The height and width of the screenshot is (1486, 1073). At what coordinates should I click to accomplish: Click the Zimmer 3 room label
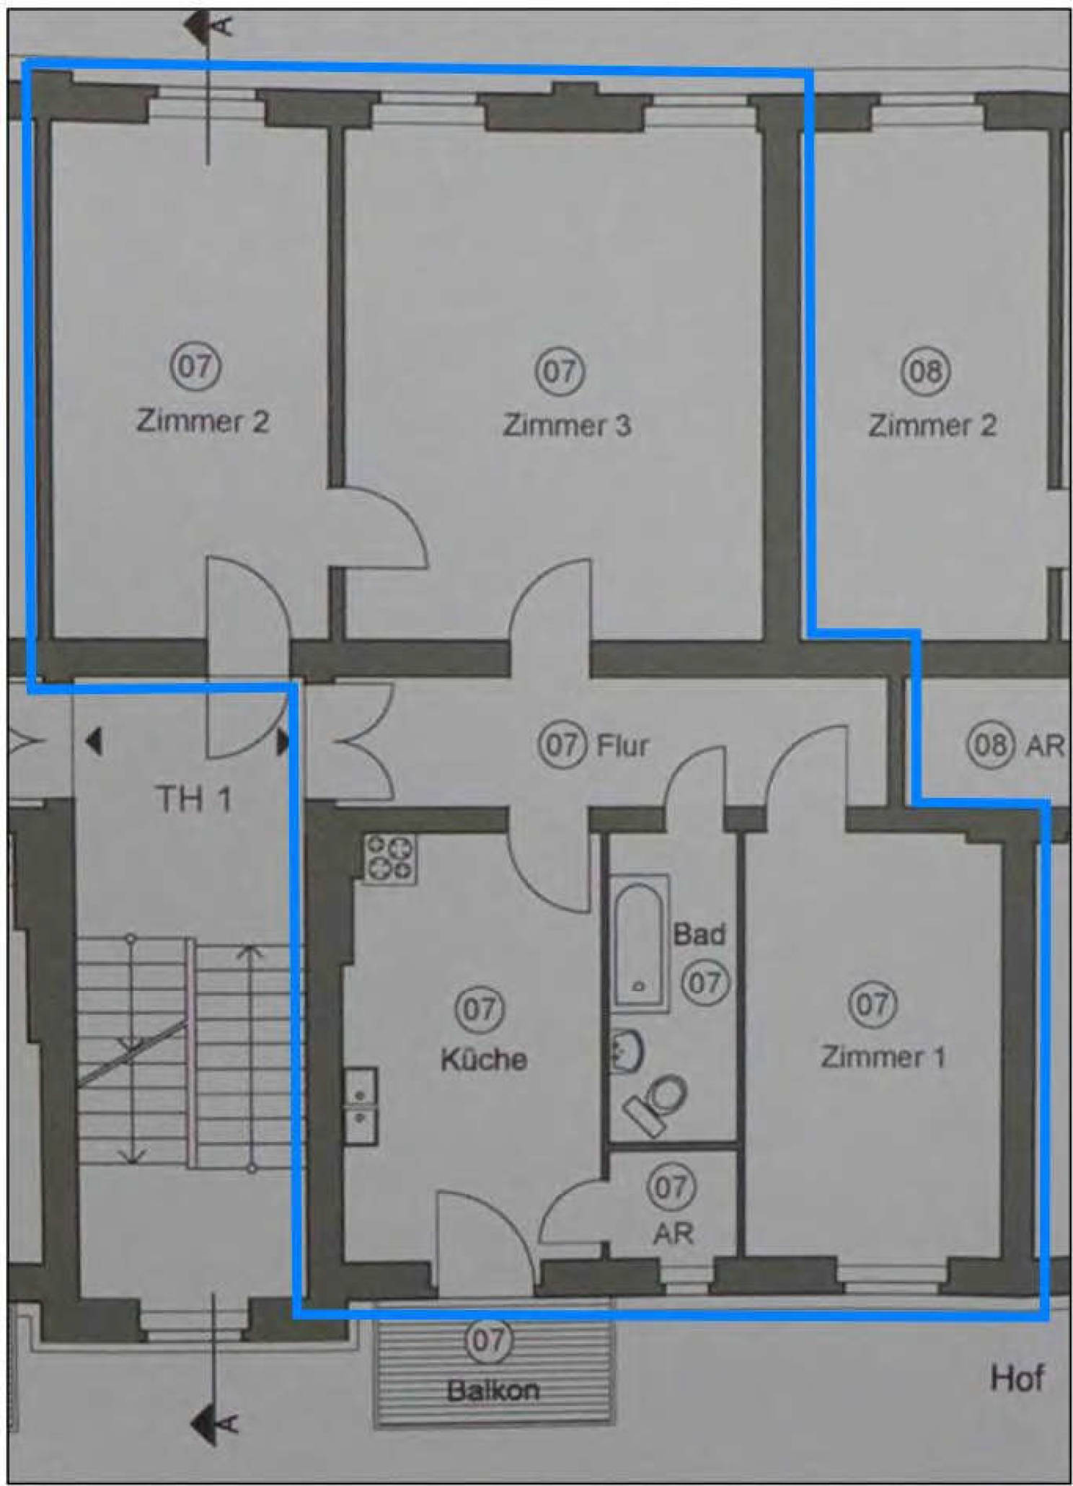[x=567, y=425]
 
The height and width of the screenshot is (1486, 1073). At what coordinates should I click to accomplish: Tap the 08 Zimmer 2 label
[x=932, y=425]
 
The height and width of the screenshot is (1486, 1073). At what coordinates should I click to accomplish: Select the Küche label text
[x=484, y=1059]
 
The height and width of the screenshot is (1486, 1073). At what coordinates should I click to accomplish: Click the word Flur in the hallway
[x=623, y=744]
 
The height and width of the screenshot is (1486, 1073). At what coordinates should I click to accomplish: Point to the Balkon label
[x=493, y=1390]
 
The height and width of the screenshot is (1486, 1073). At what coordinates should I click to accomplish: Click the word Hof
[x=1017, y=1379]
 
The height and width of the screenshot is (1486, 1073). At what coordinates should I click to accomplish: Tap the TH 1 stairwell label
[x=193, y=799]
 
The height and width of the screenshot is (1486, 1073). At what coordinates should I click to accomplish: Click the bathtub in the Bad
[x=639, y=943]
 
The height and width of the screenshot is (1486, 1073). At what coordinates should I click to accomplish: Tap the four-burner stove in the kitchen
[x=390, y=858]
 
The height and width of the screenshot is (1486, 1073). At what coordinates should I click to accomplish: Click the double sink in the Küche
[x=360, y=1107]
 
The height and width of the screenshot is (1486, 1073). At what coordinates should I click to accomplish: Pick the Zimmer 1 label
[x=883, y=1057]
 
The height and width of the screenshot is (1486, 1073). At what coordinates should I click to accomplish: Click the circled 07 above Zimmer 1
[x=873, y=1004]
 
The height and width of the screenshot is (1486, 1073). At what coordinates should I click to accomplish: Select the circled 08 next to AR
[x=990, y=744]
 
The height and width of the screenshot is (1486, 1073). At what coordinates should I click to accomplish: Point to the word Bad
[x=698, y=934]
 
